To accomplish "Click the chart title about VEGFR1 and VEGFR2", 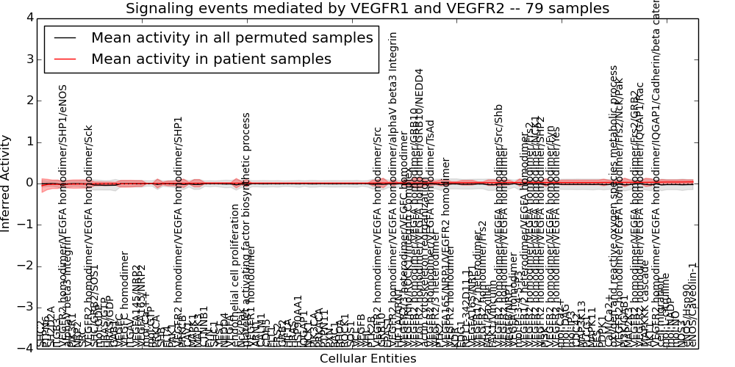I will coord(367,9).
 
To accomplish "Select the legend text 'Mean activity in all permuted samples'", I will coord(232,38).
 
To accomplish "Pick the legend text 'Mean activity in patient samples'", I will coord(211,59).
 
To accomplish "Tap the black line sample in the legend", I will coord(65,38).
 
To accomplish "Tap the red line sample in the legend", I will coord(65,59).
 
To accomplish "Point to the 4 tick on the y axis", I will coord(30,18).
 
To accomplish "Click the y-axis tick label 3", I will coord(30,59).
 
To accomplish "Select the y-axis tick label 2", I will coord(30,100).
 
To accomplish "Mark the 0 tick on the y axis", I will coord(30,183).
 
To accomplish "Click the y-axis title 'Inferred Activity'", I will coord(7,183).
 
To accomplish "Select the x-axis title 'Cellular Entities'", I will coord(367,359).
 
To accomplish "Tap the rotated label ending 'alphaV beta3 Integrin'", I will coord(394,110).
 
